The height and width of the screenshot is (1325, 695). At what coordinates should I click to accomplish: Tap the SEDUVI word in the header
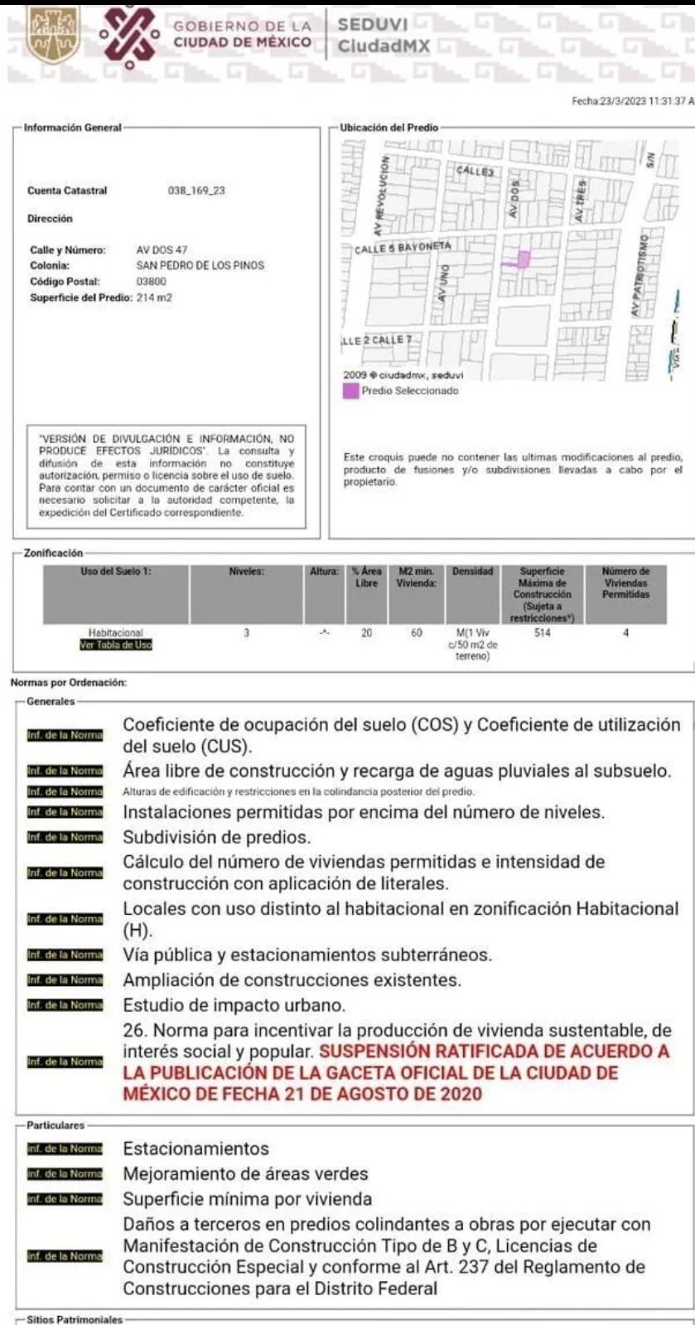click(x=370, y=26)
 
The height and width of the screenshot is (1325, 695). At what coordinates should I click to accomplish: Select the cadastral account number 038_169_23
click(x=196, y=191)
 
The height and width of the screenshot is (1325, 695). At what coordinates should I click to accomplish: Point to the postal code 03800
click(x=151, y=281)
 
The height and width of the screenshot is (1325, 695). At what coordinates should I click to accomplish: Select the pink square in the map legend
click(x=350, y=390)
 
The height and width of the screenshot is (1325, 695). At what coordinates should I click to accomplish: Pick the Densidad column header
click(x=473, y=572)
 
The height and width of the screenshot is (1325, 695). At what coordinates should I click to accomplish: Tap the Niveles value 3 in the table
click(x=246, y=633)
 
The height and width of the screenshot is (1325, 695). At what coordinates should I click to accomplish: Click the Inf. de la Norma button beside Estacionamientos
click(x=65, y=1149)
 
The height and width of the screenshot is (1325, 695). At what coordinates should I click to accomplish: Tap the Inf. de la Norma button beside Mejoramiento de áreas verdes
click(x=65, y=1174)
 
